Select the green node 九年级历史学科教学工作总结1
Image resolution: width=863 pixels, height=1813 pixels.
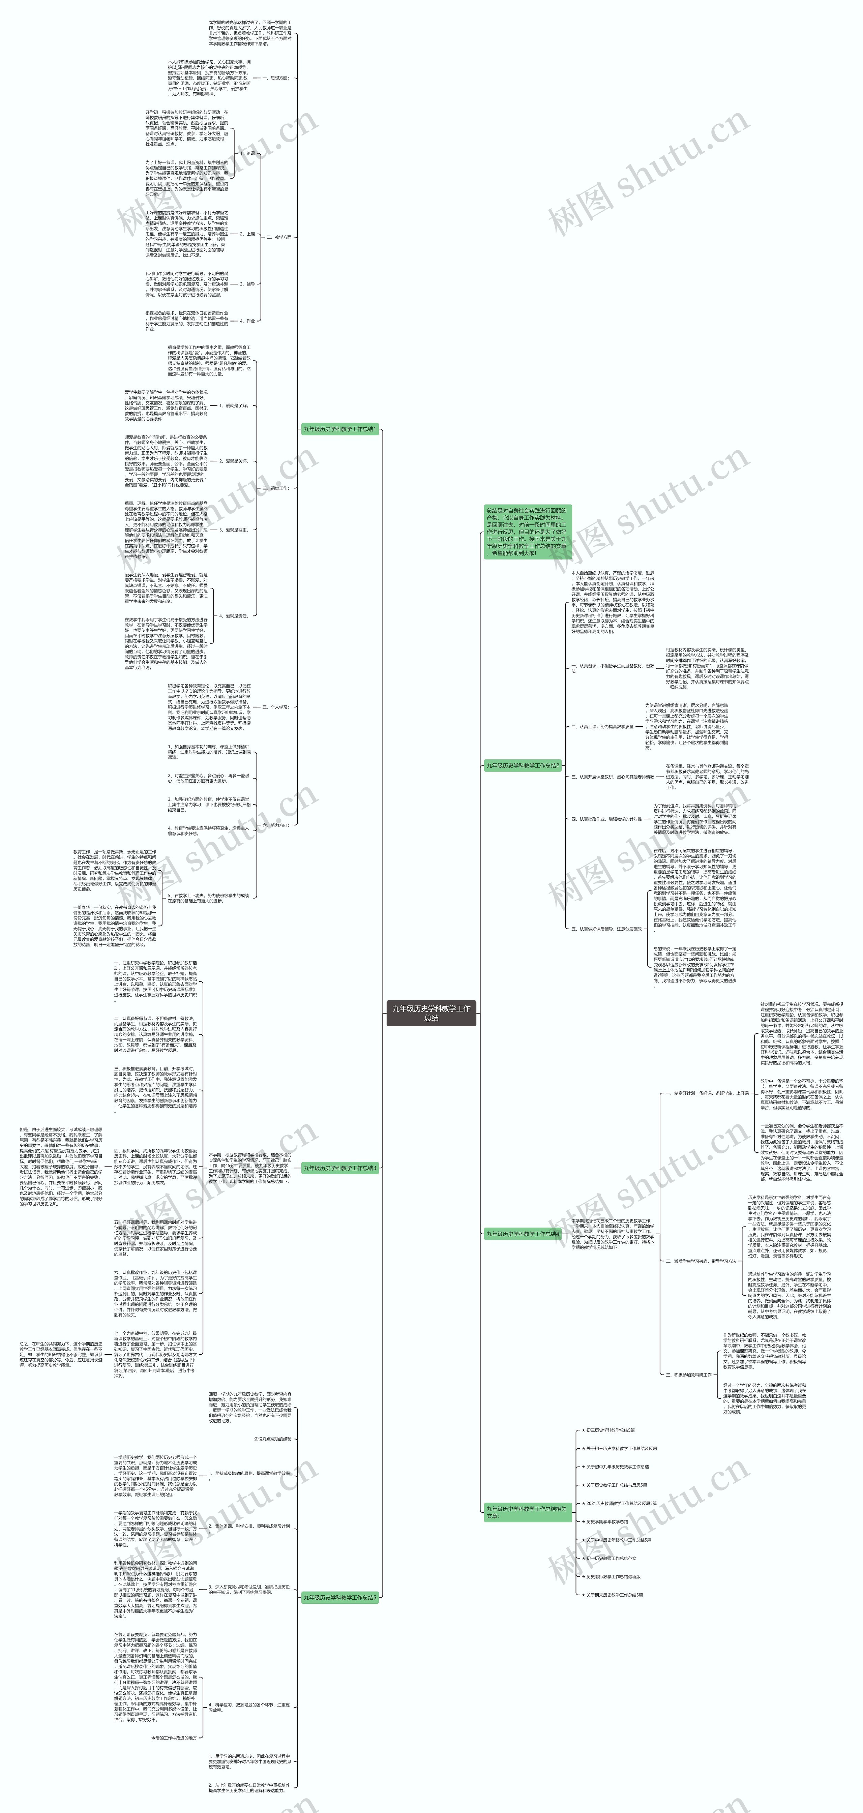pos(340,429)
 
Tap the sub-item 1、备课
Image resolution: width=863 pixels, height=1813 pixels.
pos(247,153)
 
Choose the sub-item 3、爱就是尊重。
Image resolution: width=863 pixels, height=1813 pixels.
pos(234,529)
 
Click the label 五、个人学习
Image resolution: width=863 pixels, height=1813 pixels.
pos(275,706)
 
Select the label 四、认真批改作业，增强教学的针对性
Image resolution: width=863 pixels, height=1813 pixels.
pos(607,818)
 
